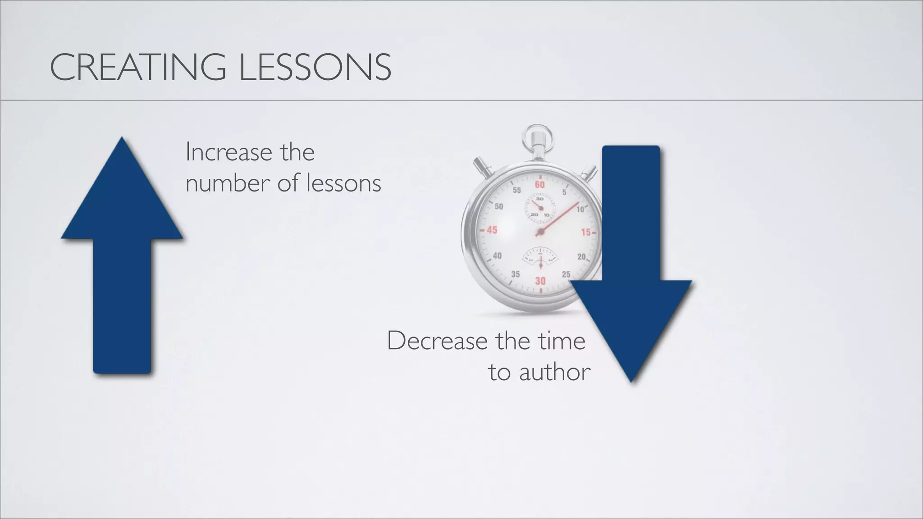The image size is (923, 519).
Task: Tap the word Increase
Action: (x=229, y=153)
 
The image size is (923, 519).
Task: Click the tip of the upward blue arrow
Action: (x=122, y=139)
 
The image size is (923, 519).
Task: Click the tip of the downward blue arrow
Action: (x=631, y=381)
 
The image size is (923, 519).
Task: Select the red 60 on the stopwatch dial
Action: (x=539, y=185)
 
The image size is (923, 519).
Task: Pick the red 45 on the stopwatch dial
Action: (x=491, y=230)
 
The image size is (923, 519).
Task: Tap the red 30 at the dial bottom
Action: (x=540, y=281)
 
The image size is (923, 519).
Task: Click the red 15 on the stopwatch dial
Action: (x=586, y=232)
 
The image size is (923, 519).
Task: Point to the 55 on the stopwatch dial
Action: (x=516, y=191)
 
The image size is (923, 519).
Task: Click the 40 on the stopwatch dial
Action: (x=497, y=256)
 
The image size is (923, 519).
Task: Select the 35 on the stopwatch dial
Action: (x=515, y=274)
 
